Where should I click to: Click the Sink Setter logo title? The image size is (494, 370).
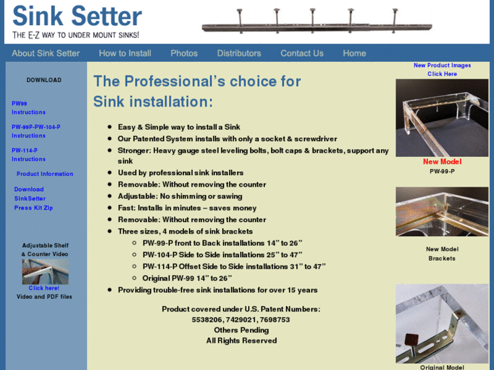tap(77, 17)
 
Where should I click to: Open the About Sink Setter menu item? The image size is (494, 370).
tap(46, 53)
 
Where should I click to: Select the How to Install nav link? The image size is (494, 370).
tap(125, 53)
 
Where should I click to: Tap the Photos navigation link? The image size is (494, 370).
tap(184, 53)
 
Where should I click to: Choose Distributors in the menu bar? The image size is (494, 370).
tap(239, 53)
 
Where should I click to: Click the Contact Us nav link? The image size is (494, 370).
tap(302, 53)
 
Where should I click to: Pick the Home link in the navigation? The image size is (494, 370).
tap(355, 53)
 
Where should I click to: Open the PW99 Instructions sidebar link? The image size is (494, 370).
tap(29, 108)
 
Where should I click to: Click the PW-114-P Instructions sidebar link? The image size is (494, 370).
tap(29, 155)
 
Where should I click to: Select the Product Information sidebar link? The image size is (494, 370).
tap(45, 174)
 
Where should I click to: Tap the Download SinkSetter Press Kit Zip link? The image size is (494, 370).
tap(33, 198)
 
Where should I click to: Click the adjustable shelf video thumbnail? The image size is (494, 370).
tap(46, 272)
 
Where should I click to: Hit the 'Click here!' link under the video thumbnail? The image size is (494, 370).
tap(44, 288)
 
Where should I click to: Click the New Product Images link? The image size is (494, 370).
tap(442, 69)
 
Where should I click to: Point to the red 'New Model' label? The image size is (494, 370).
tap(442, 162)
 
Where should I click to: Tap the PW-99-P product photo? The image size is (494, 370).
tap(442, 118)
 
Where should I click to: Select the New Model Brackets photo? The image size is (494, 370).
tap(442, 212)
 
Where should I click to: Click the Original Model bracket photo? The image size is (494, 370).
tap(442, 323)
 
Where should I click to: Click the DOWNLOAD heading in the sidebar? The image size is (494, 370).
tap(44, 80)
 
